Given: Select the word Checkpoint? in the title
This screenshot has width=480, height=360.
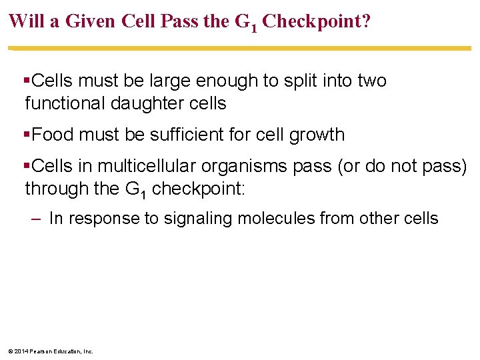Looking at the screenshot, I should (317, 21).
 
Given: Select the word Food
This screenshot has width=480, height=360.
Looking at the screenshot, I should (51, 135).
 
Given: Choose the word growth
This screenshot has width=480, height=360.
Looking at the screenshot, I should (317, 135).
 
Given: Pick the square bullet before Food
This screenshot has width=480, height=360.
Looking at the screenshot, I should (27, 135).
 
